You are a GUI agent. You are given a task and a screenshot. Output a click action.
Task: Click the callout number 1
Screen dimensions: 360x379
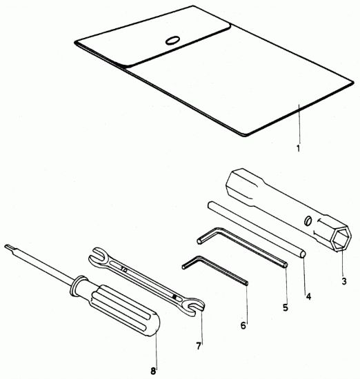click(299, 148)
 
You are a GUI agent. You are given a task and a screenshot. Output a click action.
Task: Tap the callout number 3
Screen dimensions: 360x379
click(343, 281)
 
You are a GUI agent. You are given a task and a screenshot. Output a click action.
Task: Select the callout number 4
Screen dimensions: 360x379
click(308, 296)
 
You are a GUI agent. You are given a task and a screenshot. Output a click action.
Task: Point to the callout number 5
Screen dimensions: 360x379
click(286, 307)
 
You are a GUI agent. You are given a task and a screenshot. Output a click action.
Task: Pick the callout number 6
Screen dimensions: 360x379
click(243, 325)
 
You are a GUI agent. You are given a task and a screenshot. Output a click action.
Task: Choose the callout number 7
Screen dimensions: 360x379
click(199, 346)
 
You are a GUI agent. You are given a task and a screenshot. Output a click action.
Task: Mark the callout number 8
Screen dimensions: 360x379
click(153, 371)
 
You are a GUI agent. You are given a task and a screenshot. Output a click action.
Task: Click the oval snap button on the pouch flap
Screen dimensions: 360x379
click(172, 41)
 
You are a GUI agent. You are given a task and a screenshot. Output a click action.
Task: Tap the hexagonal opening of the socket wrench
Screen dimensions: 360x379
click(341, 238)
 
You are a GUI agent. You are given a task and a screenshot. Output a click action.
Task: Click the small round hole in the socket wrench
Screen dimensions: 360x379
click(308, 221)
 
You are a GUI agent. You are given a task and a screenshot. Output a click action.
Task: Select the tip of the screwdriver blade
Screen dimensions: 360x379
click(6, 246)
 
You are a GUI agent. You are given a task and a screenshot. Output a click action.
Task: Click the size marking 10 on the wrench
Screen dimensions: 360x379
click(124, 269)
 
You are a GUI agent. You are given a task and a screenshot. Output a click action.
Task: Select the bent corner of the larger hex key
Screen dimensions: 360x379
click(216, 230)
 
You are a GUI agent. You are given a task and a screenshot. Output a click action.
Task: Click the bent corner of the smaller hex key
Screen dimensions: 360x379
click(199, 258)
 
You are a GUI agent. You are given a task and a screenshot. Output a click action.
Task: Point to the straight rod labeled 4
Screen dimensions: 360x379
click(257, 230)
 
